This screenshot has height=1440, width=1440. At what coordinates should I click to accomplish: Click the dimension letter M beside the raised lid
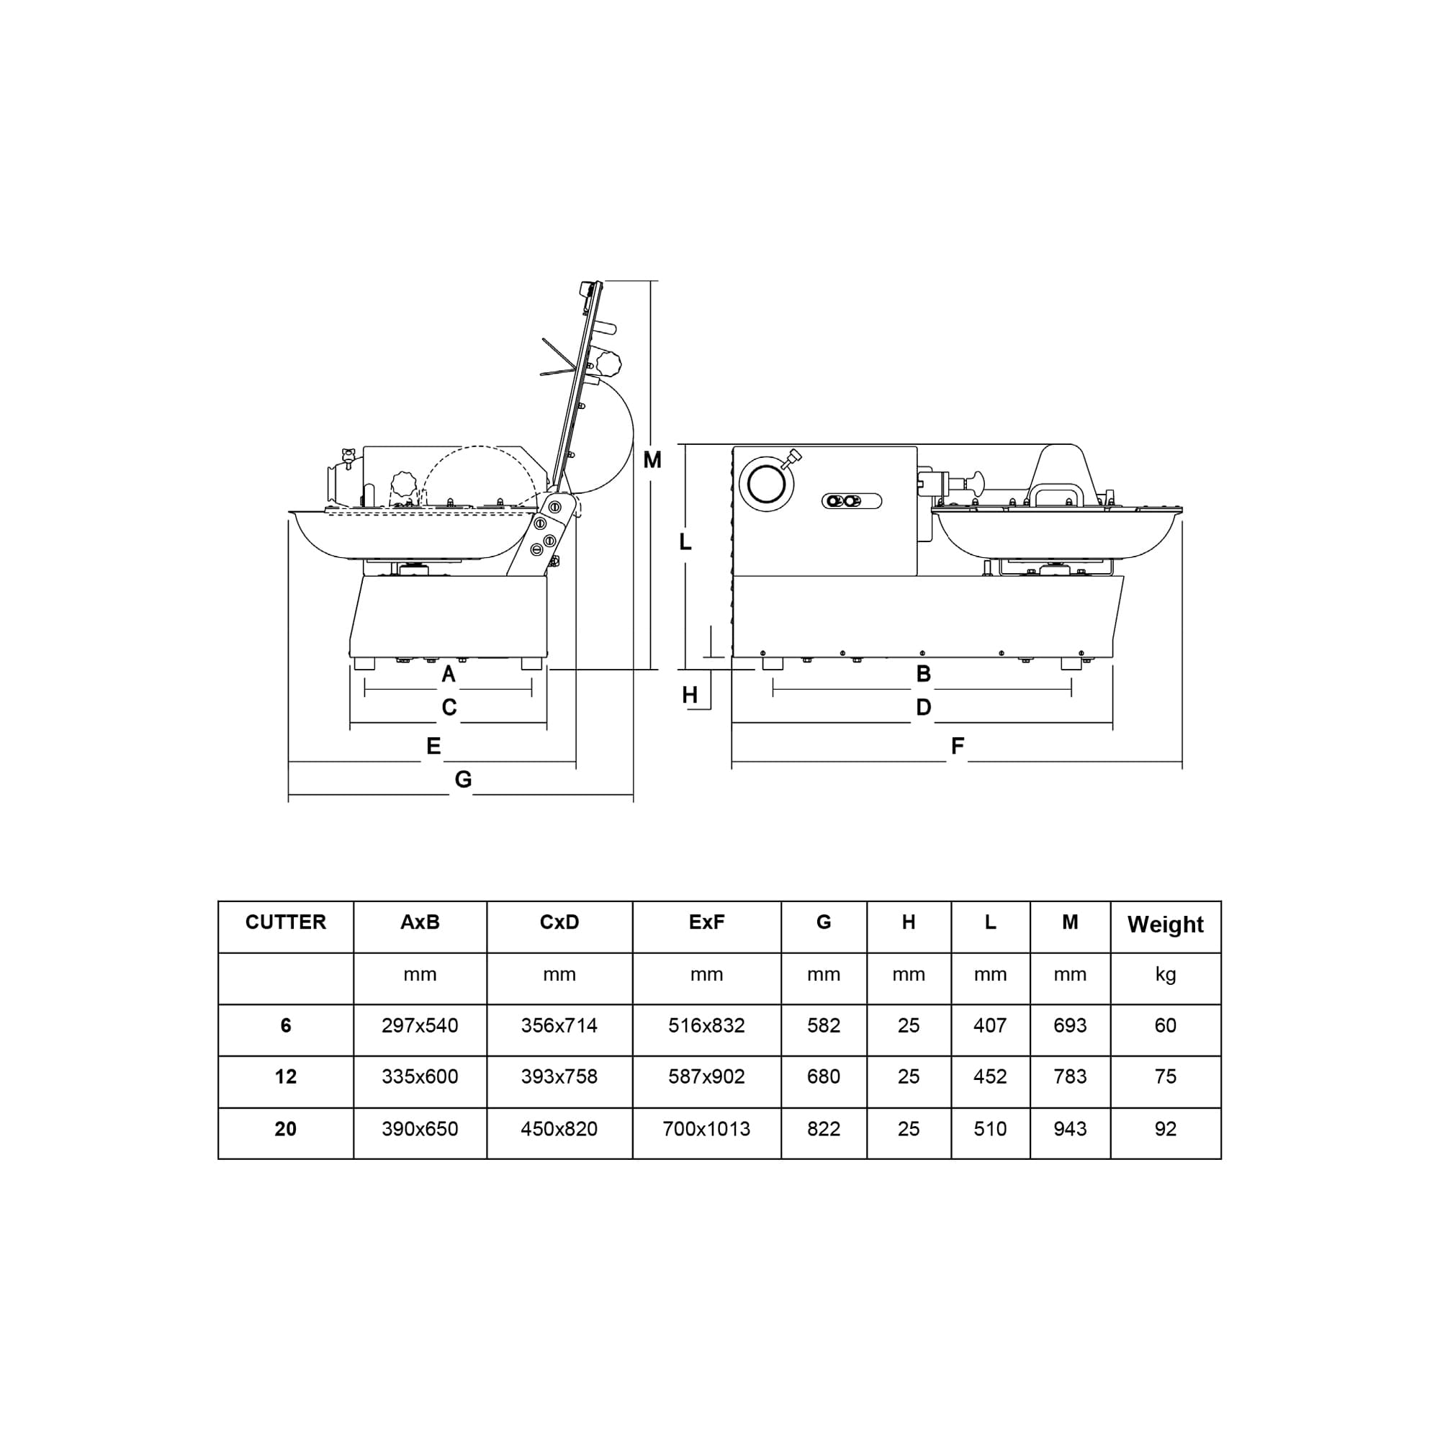click(x=652, y=461)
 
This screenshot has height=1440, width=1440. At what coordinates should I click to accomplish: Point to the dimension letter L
click(x=685, y=543)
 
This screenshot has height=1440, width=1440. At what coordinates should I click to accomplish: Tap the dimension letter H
click(x=690, y=696)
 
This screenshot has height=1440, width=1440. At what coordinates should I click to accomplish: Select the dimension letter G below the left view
click(x=464, y=780)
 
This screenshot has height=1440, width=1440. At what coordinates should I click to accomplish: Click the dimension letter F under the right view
click(x=958, y=746)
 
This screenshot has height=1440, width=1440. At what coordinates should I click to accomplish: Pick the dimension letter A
click(x=448, y=675)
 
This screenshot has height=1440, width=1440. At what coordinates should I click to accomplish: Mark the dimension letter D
click(x=924, y=707)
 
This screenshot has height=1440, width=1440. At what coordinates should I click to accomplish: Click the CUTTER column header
click(x=285, y=923)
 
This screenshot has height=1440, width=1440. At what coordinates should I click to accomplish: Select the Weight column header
click(x=1165, y=925)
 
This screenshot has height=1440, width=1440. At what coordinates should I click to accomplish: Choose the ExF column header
click(x=706, y=923)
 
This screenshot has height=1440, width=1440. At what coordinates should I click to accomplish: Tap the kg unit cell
click(x=1165, y=974)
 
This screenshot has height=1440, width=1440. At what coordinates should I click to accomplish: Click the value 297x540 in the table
click(x=420, y=1025)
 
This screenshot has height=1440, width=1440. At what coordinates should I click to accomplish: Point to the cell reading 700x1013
click(x=706, y=1129)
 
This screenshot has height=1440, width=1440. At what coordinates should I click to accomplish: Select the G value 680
click(x=824, y=1077)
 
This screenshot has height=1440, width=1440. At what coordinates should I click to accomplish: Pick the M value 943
click(x=1070, y=1129)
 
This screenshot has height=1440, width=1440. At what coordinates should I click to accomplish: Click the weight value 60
click(x=1165, y=1025)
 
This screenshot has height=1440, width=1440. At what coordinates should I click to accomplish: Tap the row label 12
click(x=285, y=1077)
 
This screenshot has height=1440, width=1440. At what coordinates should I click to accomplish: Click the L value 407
click(x=990, y=1025)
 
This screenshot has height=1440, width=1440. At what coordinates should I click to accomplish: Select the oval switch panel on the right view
click(x=851, y=501)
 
